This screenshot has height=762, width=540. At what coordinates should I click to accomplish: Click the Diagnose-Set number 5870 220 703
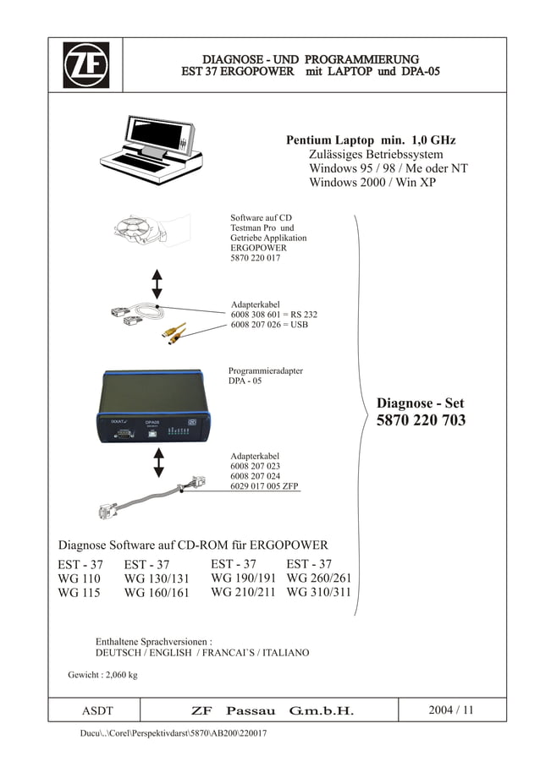421,420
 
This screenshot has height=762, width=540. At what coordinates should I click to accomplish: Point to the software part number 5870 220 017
256,259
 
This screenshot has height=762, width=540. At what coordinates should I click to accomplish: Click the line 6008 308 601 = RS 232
273,315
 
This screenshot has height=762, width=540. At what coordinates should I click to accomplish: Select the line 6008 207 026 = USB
269,325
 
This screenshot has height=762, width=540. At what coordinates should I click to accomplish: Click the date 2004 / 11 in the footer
451,710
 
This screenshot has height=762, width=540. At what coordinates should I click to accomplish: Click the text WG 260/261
318,578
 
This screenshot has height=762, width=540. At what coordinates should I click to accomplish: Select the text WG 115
79,593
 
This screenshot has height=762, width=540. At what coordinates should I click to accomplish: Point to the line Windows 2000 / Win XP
372,182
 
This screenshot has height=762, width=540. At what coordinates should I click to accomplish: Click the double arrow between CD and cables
157,284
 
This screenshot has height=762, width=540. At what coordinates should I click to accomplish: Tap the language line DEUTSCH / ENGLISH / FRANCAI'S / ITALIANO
202,653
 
